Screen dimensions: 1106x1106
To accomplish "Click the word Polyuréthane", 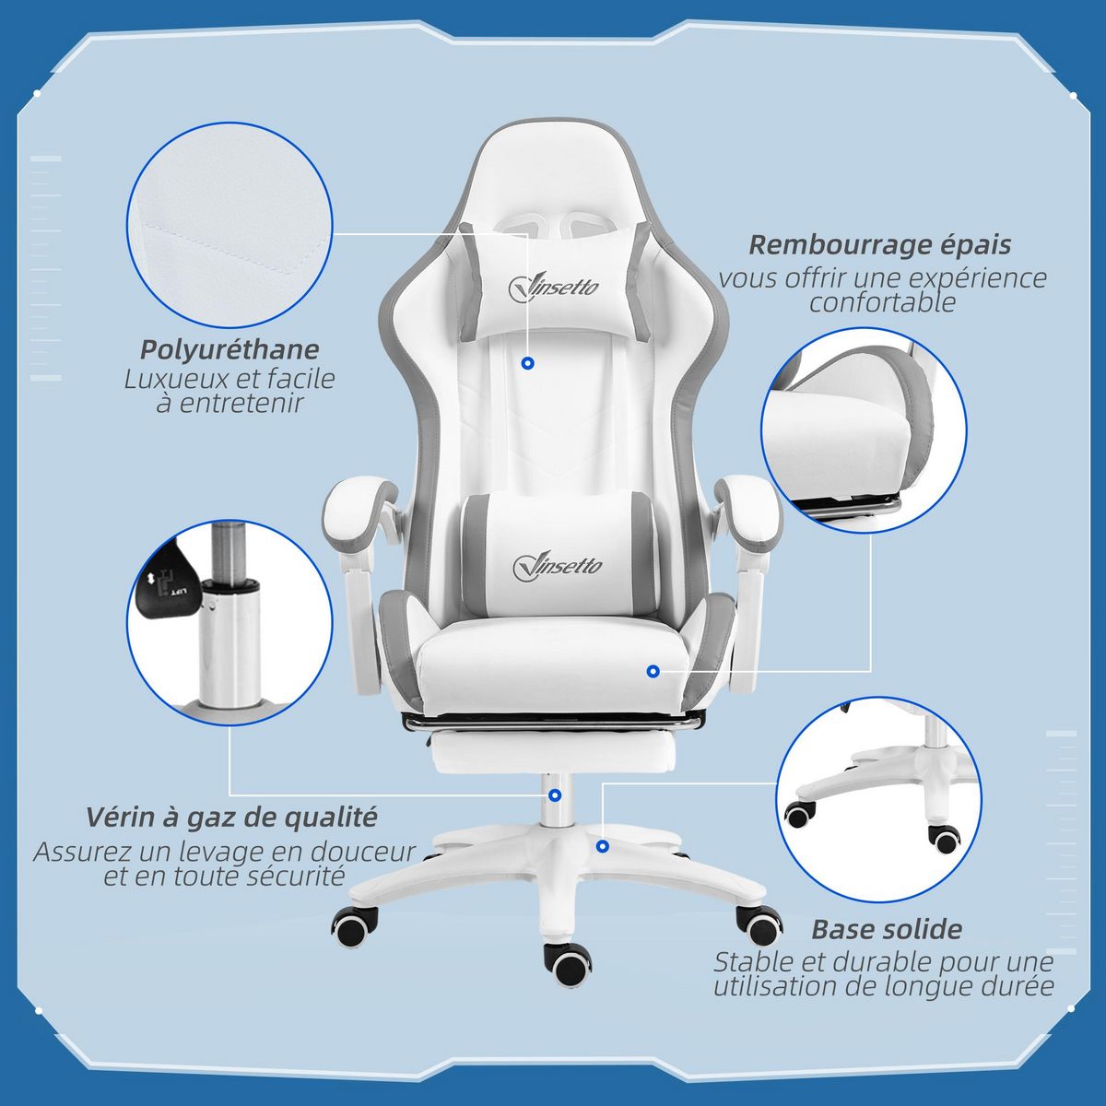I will [229, 350].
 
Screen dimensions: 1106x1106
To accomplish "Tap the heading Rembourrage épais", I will [879, 245].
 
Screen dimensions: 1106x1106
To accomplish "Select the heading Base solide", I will [887, 929].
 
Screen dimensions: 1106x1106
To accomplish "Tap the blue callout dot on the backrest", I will [527, 364].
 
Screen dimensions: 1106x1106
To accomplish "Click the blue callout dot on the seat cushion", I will [653, 671].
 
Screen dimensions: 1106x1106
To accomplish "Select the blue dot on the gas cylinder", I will [554, 795].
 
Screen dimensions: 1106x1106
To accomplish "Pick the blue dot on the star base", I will [603, 845].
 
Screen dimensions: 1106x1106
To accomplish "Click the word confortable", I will [882, 302].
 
